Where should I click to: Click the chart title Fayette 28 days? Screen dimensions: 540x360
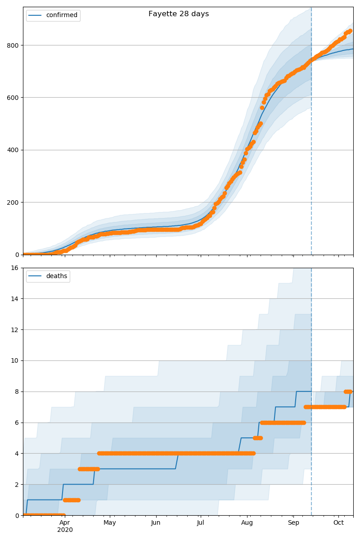point(179,14)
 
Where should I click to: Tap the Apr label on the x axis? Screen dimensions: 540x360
point(65,522)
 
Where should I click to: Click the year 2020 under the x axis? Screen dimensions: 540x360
point(65,530)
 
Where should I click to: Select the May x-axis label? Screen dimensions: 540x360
point(110,522)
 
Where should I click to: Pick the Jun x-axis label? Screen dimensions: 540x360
point(156,522)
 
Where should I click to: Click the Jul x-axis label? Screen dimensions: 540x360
point(201,522)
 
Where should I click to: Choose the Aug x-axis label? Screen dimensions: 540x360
point(247,522)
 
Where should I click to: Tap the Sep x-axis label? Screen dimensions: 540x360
point(293,522)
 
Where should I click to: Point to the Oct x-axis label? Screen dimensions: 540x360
point(338,522)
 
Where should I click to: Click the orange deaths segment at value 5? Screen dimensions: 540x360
point(258,438)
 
